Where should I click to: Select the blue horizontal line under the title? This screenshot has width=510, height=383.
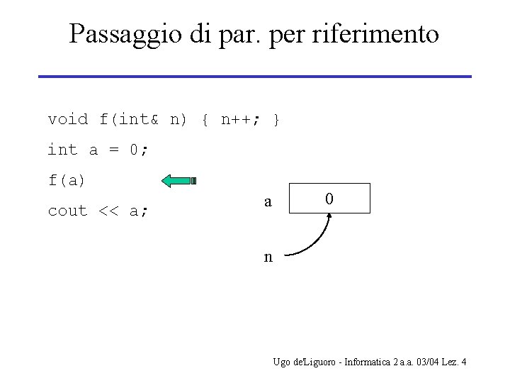pos(254,76)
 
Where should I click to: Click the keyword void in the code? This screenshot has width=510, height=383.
pos(68,119)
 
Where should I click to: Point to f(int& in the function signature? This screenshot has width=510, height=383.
pos(129,119)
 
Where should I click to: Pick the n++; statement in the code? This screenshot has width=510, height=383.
pos(241,119)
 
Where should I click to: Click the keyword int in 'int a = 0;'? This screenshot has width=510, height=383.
pos(62,150)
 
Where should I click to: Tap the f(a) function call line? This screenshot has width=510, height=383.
pos(67,180)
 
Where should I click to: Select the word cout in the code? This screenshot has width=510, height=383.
pos(67,211)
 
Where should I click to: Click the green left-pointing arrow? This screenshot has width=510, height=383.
pos(179,181)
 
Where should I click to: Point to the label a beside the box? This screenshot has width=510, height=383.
pos(268,201)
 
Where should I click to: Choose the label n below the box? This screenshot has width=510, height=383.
pos(268,256)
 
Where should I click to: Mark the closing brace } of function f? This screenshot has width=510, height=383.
pos(276,119)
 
